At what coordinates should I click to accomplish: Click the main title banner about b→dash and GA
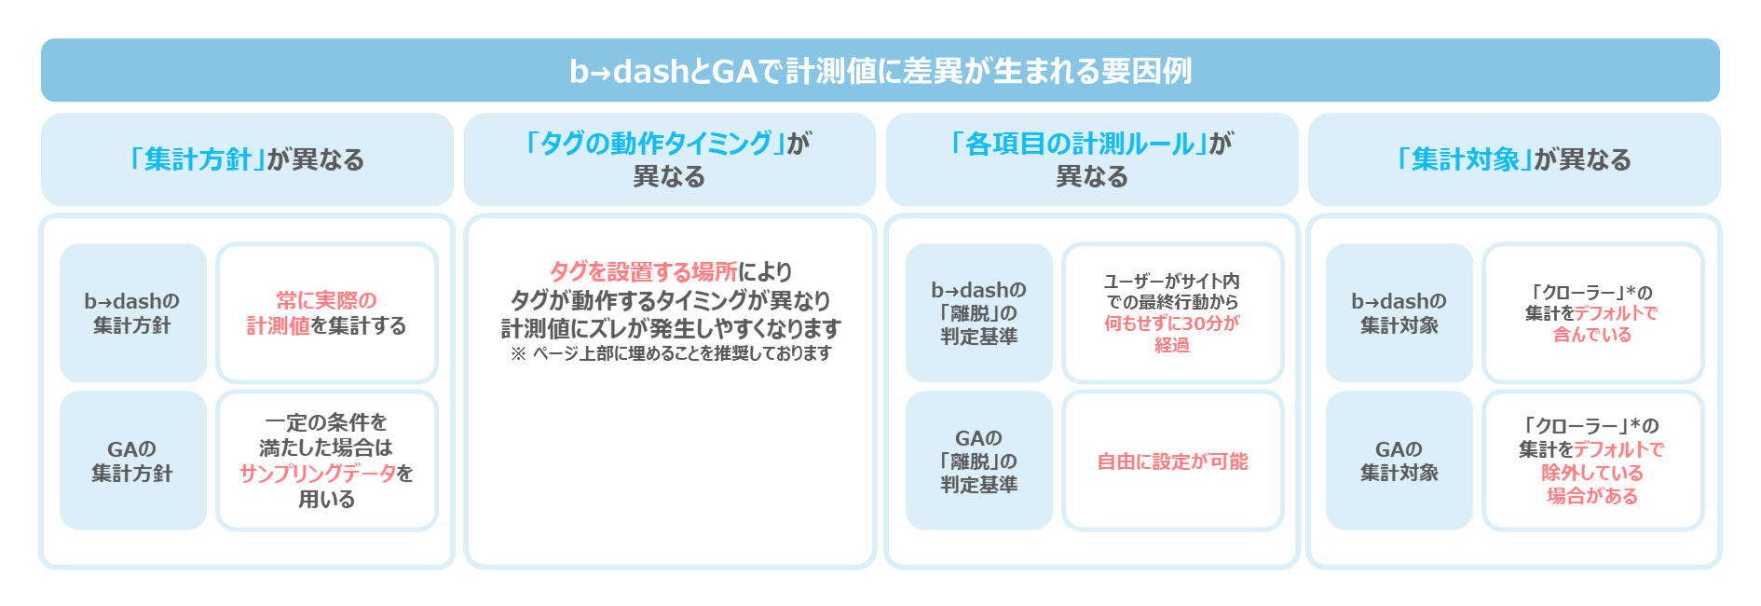[x=880, y=70]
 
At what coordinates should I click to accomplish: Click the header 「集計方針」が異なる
[x=247, y=159]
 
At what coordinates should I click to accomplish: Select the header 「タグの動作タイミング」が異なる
[x=670, y=159]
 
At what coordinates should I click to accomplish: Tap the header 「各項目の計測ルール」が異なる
[x=1092, y=159]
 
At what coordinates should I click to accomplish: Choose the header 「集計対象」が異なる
[x=1514, y=159]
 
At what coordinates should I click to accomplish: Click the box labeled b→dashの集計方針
[x=133, y=313]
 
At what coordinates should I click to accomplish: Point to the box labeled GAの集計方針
[x=133, y=461]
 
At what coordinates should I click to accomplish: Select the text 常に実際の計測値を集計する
[x=327, y=313]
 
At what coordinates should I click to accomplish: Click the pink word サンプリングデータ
[x=318, y=474]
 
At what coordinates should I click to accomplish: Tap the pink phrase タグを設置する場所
[x=644, y=271]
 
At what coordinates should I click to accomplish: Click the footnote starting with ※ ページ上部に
[x=671, y=353]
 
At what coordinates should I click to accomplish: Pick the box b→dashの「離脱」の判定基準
[x=979, y=313]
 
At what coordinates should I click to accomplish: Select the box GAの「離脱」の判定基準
[x=979, y=461]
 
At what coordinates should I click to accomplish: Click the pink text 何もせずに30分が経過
[x=1172, y=334]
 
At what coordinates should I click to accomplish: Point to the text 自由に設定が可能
[x=1172, y=461]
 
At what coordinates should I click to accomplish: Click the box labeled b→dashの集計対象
[x=1399, y=313]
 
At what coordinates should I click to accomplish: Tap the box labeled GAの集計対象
[x=1399, y=461]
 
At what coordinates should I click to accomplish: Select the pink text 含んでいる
[x=1592, y=335]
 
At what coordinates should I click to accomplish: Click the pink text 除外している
[x=1592, y=473]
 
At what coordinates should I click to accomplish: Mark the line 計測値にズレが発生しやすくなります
[x=671, y=328]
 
